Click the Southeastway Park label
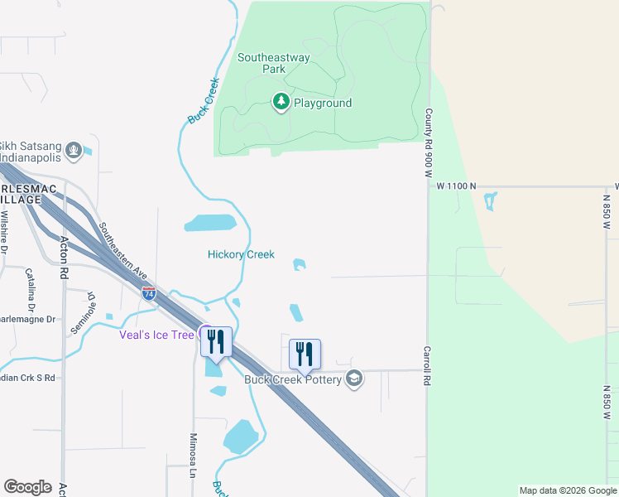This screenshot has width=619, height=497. pos(273,64)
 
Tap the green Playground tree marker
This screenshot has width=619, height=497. pos(281,102)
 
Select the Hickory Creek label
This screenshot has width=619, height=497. pos(241,254)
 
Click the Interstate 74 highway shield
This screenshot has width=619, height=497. pos(149,293)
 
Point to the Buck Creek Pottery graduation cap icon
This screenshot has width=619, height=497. pos(354,379)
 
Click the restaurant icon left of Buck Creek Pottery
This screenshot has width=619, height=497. pos(305,354)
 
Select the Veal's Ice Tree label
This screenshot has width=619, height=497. pos(156,335)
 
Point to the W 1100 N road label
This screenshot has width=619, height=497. pos(458,186)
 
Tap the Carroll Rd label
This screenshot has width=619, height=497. pos(429,365)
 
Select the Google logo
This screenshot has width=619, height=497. pos(27,487)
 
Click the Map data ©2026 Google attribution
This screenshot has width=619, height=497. pos(569,490)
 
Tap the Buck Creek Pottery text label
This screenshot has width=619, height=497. pos(293,379)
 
